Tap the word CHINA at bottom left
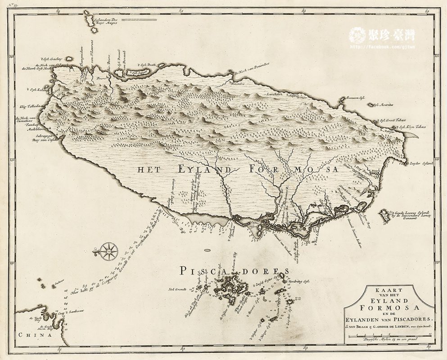point(34,335)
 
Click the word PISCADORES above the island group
point(233,271)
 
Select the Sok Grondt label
point(177,288)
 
